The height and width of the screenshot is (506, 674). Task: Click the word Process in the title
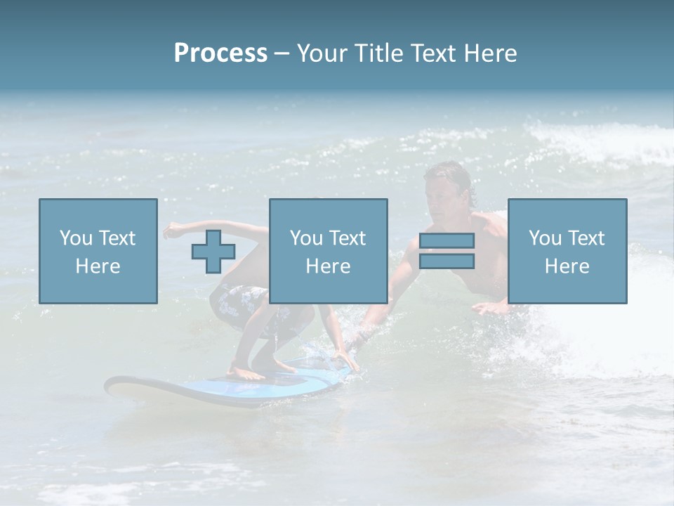click(x=220, y=53)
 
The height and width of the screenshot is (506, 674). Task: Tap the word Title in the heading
click(x=381, y=53)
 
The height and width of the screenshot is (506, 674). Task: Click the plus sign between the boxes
click(x=213, y=252)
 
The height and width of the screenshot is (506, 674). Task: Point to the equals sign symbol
click(x=447, y=252)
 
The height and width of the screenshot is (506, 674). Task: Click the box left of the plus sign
click(x=98, y=251)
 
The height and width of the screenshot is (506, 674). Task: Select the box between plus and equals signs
click(x=328, y=251)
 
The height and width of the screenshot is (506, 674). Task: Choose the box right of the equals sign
click(x=567, y=251)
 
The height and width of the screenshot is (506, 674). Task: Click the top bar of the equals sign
click(x=447, y=241)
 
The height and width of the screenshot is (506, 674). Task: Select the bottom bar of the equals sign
click(x=447, y=261)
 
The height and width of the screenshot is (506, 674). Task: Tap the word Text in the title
click(x=430, y=53)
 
